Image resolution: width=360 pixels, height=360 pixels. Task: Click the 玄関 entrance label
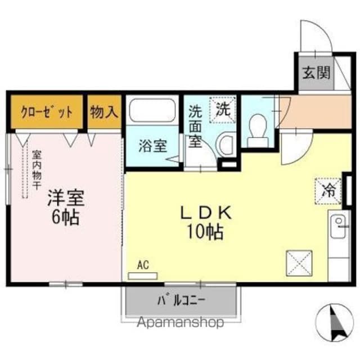[316, 73]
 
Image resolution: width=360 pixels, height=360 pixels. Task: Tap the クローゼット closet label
[47, 112]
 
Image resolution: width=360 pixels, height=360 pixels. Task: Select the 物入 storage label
[104, 112]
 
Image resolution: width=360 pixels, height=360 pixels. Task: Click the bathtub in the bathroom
[152, 110]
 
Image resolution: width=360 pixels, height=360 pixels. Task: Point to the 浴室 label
[152, 146]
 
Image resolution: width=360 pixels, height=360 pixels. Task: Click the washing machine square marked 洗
[223, 110]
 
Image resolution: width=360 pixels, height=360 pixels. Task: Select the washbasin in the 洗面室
[226, 145]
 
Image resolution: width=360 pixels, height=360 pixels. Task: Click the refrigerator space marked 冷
[328, 191]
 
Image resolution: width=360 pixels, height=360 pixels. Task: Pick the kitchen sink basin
[337, 226]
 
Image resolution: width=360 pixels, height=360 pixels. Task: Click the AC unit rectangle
[143, 276]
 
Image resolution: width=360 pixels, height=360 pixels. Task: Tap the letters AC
[143, 265]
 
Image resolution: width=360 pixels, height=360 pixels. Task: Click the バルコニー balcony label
[181, 301]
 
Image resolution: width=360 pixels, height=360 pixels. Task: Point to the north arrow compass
[334, 323]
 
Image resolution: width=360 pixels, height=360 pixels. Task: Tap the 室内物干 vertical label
[37, 170]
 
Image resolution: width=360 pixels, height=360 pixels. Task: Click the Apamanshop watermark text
[181, 322]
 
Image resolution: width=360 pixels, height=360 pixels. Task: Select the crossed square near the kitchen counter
[299, 263]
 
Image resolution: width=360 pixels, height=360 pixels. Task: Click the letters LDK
[206, 213]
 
